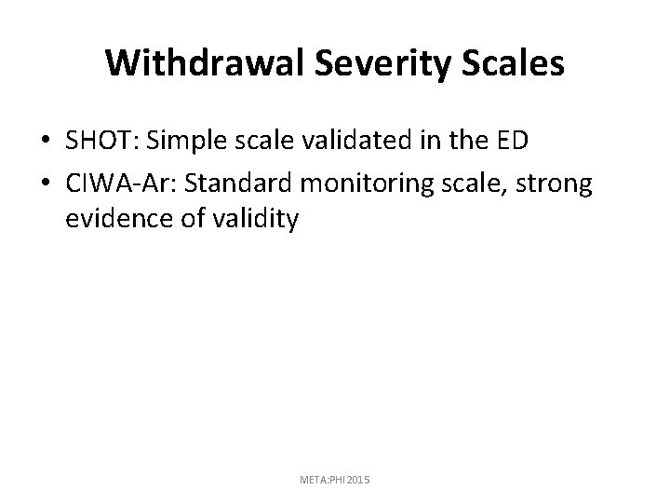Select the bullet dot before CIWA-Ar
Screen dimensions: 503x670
click(46, 185)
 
